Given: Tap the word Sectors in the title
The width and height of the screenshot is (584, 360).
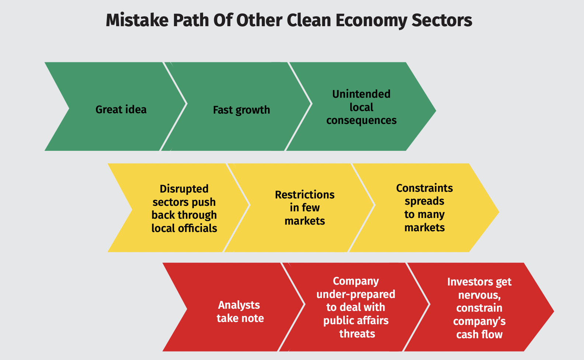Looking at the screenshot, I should pyautogui.click(x=442, y=20).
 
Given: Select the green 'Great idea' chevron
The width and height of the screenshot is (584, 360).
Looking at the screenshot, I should pyautogui.click(x=114, y=107).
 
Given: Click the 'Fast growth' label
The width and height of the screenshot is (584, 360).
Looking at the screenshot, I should pyautogui.click(x=241, y=110).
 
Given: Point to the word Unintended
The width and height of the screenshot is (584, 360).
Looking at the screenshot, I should pyautogui.click(x=361, y=94).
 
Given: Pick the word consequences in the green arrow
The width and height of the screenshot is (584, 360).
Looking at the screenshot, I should pyautogui.click(x=361, y=120).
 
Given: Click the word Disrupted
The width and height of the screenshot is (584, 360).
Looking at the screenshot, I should pyautogui.click(x=184, y=189).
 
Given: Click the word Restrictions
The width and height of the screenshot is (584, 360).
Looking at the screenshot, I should pyautogui.click(x=305, y=195).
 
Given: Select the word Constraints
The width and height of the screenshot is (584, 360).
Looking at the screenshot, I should pyautogui.click(x=424, y=188).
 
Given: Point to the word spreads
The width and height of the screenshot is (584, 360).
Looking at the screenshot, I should pyautogui.click(x=424, y=201).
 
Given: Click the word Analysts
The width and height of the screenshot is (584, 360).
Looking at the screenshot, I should pyautogui.click(x=239, y=305).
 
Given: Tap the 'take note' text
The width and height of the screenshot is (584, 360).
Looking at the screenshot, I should pyautogui.click(x=240, y=318).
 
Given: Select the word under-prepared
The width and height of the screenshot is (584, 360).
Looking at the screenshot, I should pyautogui.click(x=356, y=294).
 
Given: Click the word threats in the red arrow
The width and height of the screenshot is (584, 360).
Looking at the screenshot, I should pyautogui.click(x=357, y=334).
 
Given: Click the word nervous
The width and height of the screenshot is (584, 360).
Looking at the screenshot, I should pyautogui.click(x=479, y=295).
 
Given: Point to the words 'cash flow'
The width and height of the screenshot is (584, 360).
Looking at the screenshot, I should pyautogui.click(x=479, y=335).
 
